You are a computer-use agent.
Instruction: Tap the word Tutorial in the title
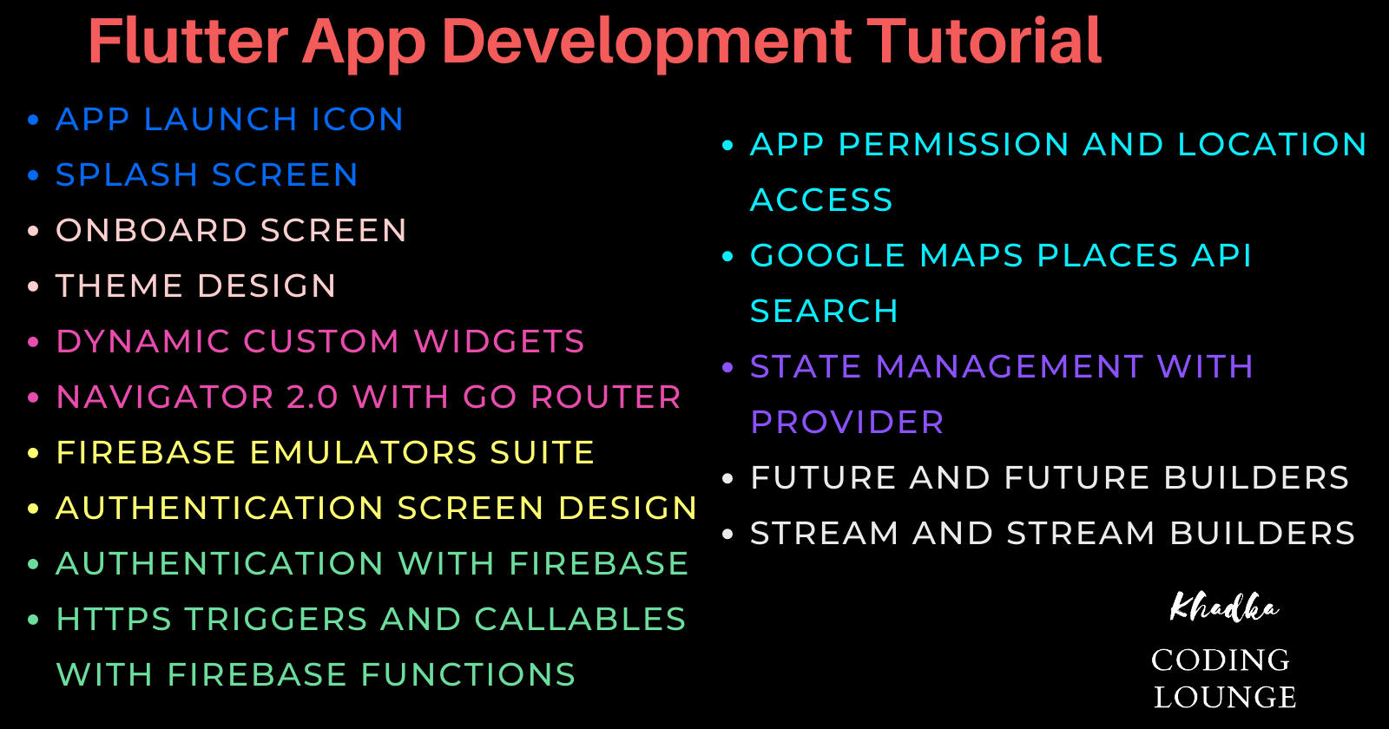point(984,41)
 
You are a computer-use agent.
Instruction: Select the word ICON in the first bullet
point(357,119)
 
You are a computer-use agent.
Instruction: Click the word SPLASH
point(127,174)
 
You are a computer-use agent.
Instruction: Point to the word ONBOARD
point(151,231)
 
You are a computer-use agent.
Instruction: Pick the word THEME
point(119,286)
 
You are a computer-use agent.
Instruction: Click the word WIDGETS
point(499,342)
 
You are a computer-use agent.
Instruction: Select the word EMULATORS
point(363,452)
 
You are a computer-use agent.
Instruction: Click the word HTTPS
point(114,620)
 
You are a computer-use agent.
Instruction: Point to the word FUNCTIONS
point(468,674)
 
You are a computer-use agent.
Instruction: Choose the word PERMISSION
point(953,144)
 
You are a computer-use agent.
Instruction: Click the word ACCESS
point(821,200)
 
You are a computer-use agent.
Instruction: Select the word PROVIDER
point(847,422)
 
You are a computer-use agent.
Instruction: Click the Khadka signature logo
point(1223,607)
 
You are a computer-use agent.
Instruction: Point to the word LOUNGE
point(1225,697)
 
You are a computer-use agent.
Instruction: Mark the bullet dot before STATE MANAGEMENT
point(728,368)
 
